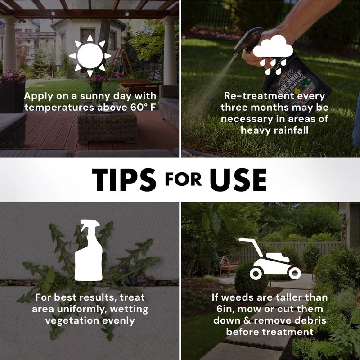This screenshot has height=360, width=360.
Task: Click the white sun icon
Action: point(90,56)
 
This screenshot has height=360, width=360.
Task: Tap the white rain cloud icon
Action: point(273,54)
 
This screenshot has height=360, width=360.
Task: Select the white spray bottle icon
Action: point(89,250)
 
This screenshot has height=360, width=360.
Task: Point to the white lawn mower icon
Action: point(270,259)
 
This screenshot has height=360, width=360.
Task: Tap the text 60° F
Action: point(143,108)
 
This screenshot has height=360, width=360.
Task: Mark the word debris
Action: point(311,320)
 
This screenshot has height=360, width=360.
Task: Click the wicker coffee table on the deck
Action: point(107,128)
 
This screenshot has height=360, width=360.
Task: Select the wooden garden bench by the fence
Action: point(229,266)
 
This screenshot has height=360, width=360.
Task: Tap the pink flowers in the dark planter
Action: point(14,77)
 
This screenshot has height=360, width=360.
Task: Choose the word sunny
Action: point(94,96)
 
